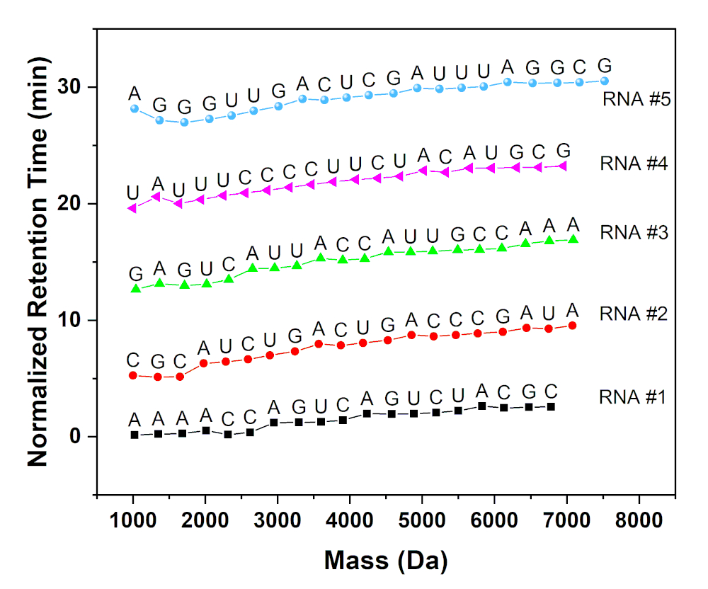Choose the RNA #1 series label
pyautogui.click(x=632, y=396)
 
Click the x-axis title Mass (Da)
pyautogui.click(x=386, y=560)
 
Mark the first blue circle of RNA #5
pyautogui.click(x=135, y=108)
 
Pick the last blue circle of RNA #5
pyautogui.click(x=604, y=81)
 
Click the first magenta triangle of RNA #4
pyautogui.click(x=132, y=208)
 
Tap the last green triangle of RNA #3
pyautogui.click(x=573, y=239)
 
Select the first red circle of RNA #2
pyautogui.click(x=133, y=375)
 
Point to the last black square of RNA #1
pyautogui.click(x=551, y=406)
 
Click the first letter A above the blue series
pyautogui.click(x=135, y=93)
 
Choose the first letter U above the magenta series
pyautogui.click(x=132, y=192)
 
